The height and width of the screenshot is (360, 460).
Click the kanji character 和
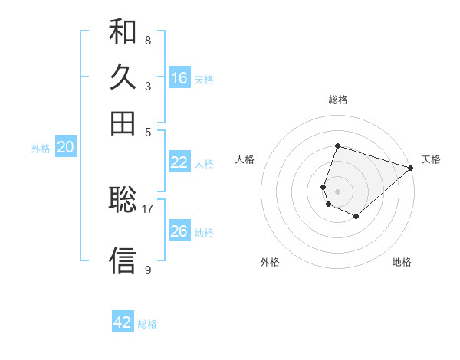[123, 31]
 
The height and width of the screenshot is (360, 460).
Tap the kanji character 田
[123, 123]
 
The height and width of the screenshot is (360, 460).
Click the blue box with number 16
[179, 78]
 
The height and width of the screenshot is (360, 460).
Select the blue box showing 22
[179, 162]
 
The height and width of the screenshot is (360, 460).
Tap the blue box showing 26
[179, 231]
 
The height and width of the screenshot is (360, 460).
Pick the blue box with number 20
[65, 148]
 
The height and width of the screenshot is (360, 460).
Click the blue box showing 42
[123, 322]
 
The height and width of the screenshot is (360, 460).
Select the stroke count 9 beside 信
[147, 270]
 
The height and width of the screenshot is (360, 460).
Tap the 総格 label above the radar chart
[338, 100]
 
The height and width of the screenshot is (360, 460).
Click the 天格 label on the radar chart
[431, 159]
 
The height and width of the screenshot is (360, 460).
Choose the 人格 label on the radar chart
[245, 159]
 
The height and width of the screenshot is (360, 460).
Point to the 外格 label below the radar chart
[270, 262]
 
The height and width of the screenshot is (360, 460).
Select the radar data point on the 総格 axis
[338, 146]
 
